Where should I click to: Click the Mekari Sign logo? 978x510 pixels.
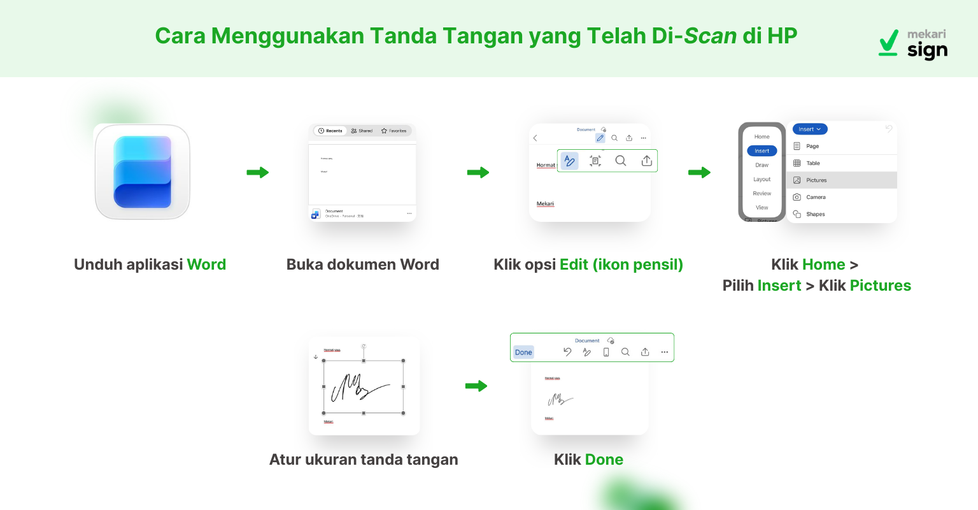pyautogui.click(x=913, y=43)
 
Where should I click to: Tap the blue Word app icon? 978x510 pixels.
pyautogui.click(x=143, y=172)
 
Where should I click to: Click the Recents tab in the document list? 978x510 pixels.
pyautogui.click(x=330, y=131)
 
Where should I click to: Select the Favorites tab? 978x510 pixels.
pyautogui.click(x=394, y=131)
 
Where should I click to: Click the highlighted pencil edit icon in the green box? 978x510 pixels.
pyautogui.click(x=570, y=161)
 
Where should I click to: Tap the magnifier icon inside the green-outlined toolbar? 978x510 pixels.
pyautogui.click(x=621, y=161)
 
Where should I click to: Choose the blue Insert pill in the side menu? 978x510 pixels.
pyautogui.click(x=762, y=151)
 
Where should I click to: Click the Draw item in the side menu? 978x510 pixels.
pyautogui.click(x=762, y=165)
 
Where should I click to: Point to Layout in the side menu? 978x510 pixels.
pyautogui.click(x=762, y=179)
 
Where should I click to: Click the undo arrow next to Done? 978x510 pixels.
pyautogui.click(x=567, y=352)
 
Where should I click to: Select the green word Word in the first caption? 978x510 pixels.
pyautogui.click(x=206, y=265)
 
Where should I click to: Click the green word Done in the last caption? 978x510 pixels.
pyautogui.click(x=604, y=460)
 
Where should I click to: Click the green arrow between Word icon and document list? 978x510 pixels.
pyautogui.click(x=258, y=172)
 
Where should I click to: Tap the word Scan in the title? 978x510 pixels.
pyautogui.click(x=710, y=36)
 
